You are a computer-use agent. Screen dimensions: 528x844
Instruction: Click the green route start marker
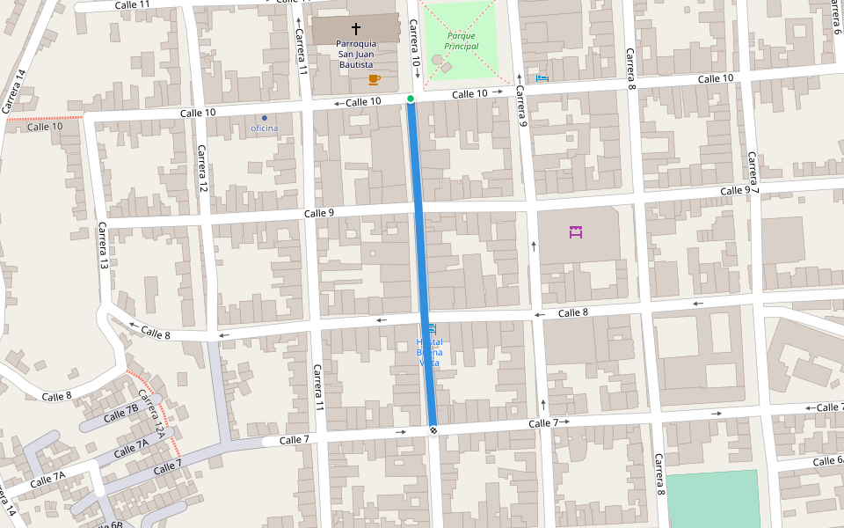[x=411, y=99]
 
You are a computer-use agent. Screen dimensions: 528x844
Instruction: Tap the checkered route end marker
[x=433, y=429]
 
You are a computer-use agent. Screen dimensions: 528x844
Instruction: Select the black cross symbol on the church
[x=355, y=29]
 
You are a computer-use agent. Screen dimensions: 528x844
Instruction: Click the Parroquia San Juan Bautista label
[x=355, y=54]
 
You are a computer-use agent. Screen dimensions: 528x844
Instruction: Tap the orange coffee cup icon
[x=374, y=79]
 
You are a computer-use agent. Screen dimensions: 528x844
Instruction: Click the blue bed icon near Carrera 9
[x=542, y=78]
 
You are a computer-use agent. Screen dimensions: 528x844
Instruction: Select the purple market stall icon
[x=576, y=232]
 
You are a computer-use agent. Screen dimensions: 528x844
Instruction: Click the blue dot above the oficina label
[x=264, y=118]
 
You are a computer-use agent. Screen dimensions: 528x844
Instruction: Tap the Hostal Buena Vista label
[x=429, y=352]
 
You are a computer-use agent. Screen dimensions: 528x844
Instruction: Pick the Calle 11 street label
[x=133, y=4]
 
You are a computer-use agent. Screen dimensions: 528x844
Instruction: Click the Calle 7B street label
[x=121, y=414]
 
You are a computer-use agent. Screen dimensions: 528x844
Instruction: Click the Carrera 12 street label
[x=202, y=169]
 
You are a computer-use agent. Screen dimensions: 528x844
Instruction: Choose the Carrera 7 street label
[x=753, y=172]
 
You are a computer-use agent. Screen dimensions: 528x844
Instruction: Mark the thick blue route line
[x=422, y=264]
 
